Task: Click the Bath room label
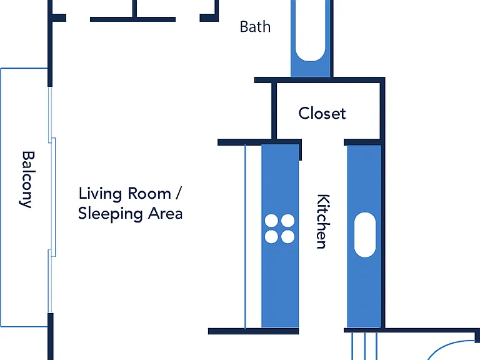pyautogui.click(x=255, y=27)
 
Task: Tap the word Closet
pyautogui.click(x=322, y=113)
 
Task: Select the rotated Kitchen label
pyautogui.click(x=323, y=221)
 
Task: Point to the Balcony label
pyautogui.click(x=27, y=179)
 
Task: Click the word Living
pyautogui.click(x=100, y=194)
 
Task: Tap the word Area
pyautogui.click(x=165, y=213)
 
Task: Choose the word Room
pyautogui.click(x=149, y=194)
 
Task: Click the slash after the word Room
pyautogui.click(x=179, y=193)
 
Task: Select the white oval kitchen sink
pyautogui.click(x=365, y=235)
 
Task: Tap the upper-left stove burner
pyautogui.click(x=271, y=221)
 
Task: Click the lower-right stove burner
pyautogui.click(x=287, y=237)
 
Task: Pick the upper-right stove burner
pyautogui.click(x=287, y=221)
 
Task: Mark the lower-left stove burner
pyautogui.click(x=271, y=237)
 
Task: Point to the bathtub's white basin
pyautogui.click(x=310, y=31)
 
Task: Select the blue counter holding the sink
pyautogui.click(x=364, y=236)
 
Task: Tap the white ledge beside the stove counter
pyautogui.click(x=253, y=236)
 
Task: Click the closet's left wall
pyautogui.click(x=274, y=111)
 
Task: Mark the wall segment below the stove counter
pyautogui.click(x=254, y=331)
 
